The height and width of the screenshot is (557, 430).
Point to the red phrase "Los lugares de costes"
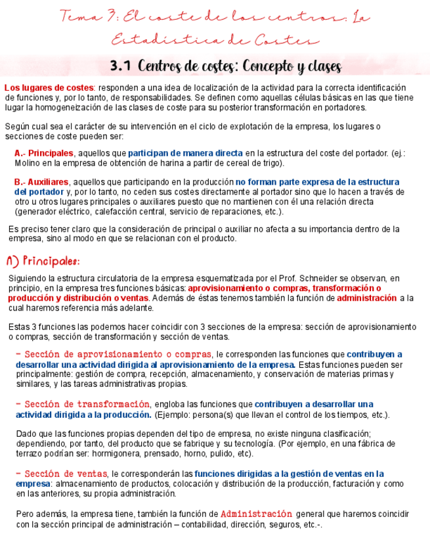coord(49,88)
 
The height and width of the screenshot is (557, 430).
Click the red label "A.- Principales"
coord(43,153)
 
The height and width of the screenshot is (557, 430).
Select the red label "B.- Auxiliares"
coord(41,181)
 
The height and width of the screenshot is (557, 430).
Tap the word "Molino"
coord(29,162)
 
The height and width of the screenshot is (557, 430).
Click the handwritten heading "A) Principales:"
coord(43,261)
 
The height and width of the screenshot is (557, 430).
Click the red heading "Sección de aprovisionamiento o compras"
coord(114,355)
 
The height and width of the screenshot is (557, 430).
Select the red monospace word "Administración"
coord(256,514)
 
